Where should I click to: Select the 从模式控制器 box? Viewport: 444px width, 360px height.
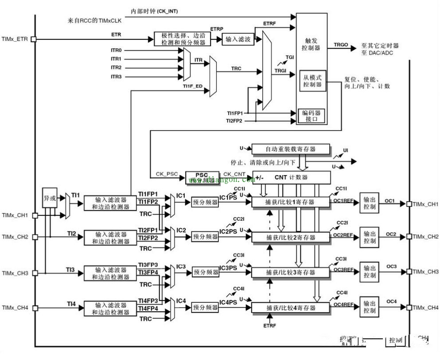(x=312, y=81)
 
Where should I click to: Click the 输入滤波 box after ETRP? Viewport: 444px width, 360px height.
(x=238, y=39)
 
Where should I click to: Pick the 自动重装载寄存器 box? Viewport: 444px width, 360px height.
(x=290, y=149)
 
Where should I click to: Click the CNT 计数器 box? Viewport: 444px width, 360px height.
(x=291, y=178)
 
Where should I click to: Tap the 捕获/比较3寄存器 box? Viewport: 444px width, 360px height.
(x=291, y=272)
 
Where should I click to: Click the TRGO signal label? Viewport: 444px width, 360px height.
(x=341, y=45)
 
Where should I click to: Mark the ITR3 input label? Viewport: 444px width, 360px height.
(x=116, y=77)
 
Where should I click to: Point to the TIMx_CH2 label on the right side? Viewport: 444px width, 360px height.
(x=425, y=237)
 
